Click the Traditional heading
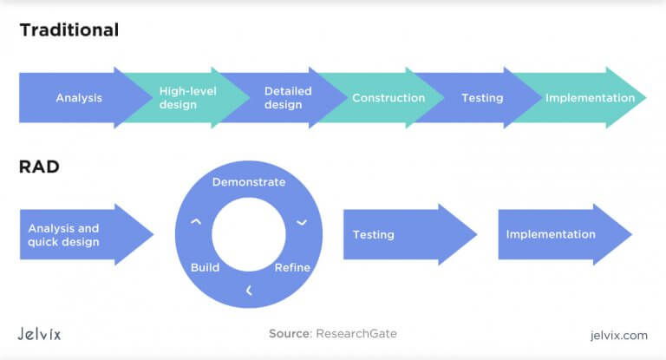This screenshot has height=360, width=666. [x=69, y=30]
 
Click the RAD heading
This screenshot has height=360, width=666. [x=39, y=167]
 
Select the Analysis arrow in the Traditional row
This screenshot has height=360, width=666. [x=78, y=98]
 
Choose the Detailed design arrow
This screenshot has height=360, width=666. [x=287, y=98]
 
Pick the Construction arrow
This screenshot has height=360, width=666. [x=388, y=98]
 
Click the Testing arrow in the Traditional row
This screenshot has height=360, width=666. [x=482, y=98]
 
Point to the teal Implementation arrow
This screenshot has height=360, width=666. [x=590, y=98]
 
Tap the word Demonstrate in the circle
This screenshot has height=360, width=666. [x=249, y=182]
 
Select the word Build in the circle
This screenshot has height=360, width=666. [x=205, y=267]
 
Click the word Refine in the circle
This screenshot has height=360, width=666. [x=292, y=267]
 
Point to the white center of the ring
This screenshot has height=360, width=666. [x=249, y=235]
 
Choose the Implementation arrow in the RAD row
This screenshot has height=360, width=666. [x=555, y=234]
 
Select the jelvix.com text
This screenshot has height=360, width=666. [x=617, y=335]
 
